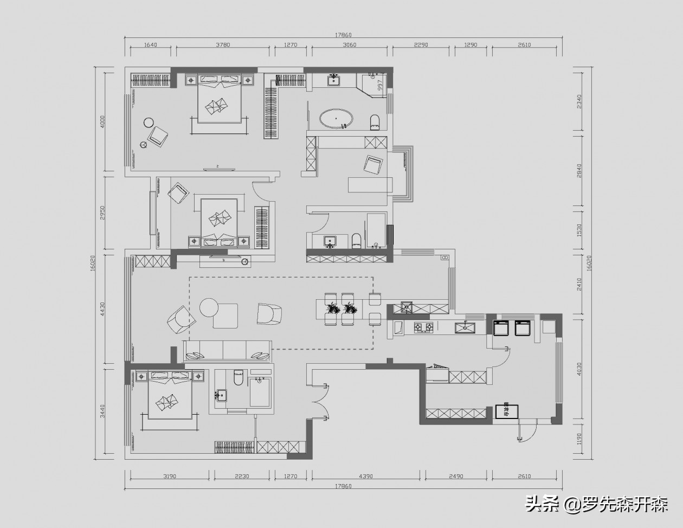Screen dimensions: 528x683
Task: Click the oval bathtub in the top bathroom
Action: point(336,118)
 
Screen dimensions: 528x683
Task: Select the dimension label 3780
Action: point(223,45)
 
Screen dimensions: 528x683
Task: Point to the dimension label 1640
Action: point(151,45)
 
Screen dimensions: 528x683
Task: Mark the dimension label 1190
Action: point(579,440)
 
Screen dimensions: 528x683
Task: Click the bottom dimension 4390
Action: point(366,477)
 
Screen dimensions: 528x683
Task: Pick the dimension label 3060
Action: point(350,45)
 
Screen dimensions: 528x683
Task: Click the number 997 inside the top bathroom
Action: point(380,85)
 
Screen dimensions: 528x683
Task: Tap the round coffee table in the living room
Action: point(209,307)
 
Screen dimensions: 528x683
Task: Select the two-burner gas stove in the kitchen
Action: point(423,327)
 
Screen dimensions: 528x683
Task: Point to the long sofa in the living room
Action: point(228,350)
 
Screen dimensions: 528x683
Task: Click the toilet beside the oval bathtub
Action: point(375,122)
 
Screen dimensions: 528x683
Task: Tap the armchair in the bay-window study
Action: point(373,165)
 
